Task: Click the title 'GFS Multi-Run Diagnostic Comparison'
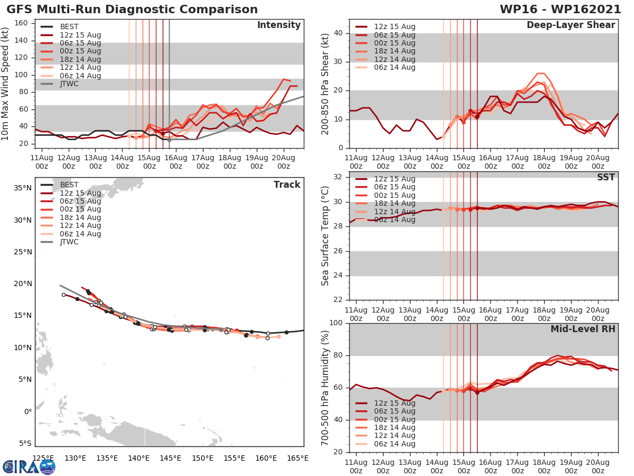click(132, 10)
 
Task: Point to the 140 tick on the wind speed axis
click(22, 40)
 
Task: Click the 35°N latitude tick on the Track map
click(22, 188)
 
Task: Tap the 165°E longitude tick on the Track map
click(297, 458)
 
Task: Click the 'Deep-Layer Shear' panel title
click(571, 25)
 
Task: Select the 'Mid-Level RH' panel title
click(583, 329)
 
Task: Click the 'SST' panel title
click(605, 178)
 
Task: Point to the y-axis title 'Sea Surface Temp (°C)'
click(325, 236)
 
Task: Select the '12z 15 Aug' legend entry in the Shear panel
click(394, 27)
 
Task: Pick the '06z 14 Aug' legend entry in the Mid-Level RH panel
click(394, 444)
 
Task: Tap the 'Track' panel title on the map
click(287, 185)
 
